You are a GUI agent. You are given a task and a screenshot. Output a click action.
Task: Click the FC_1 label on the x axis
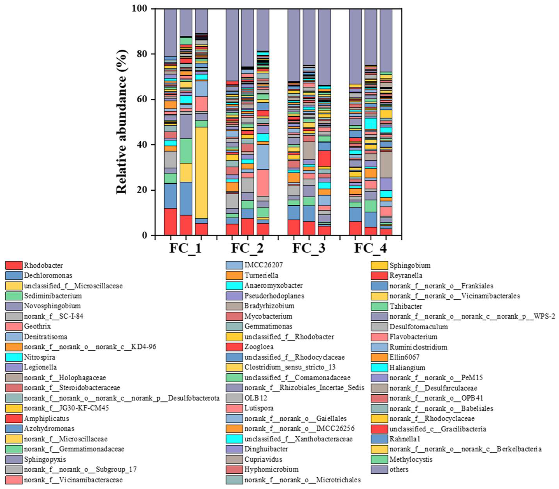[x=186, y=248]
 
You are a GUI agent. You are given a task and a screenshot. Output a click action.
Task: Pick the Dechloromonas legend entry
[x=48, y=275]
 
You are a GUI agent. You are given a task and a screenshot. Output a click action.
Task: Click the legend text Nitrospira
[x=39, y=357]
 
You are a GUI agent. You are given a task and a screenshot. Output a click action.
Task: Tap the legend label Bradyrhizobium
[x=269, y=306]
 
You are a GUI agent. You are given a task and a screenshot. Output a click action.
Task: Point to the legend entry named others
[x=399, y=469]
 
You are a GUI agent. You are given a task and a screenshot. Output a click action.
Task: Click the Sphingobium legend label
[x=410, y=265]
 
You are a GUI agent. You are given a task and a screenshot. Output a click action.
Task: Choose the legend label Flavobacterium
[x=413, y=337]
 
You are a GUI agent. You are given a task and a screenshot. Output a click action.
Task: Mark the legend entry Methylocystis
[x=411, y=459]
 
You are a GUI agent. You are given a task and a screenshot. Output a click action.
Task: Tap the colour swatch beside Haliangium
[x=379, y=368]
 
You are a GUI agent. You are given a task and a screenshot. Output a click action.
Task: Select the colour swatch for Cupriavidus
[x=234, y=459]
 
